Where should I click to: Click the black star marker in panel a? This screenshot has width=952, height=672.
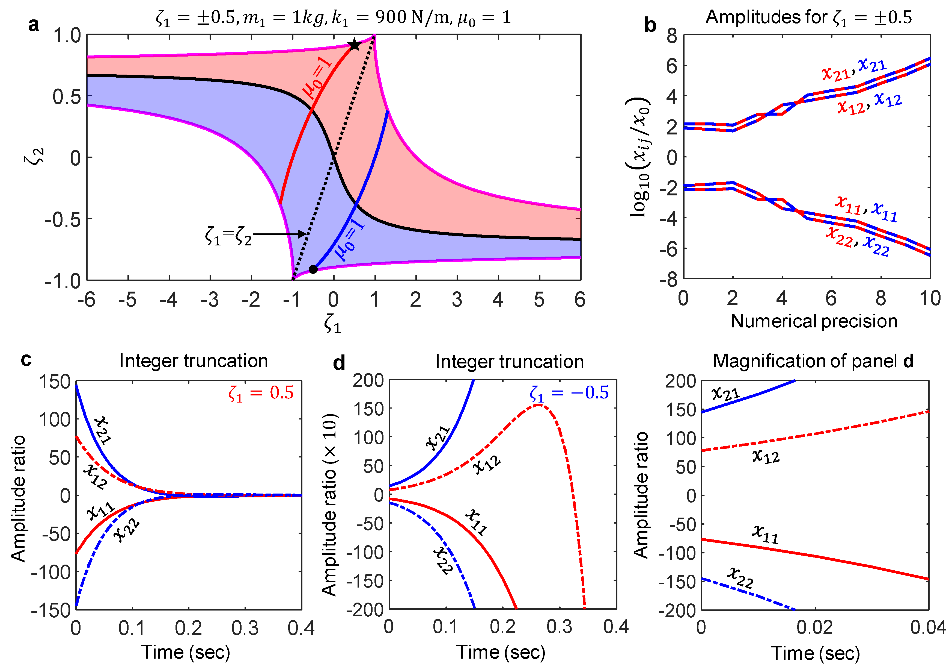[354, 45]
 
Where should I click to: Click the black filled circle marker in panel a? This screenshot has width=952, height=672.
[313, 269]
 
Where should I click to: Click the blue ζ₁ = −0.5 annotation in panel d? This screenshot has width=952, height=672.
[569, 393]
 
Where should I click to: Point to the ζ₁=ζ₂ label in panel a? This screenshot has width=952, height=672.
[228, 236]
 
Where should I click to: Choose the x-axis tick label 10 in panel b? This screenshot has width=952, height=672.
[930, 298]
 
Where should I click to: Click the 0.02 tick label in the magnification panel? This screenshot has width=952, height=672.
[814, 627]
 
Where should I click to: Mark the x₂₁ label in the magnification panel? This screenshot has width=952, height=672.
[726, 393]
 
